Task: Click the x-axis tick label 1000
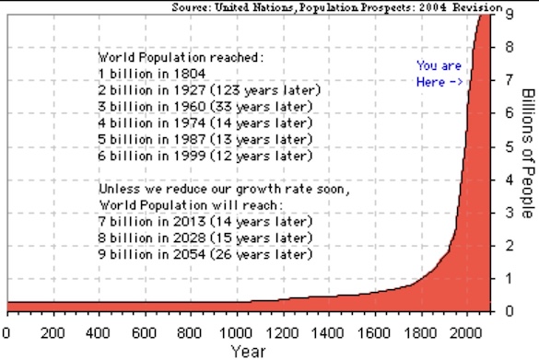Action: tap(236, 333)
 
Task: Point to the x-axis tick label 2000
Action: tap(466, 333)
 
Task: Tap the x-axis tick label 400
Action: tap(98, 333)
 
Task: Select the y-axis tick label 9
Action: tap(510, 14)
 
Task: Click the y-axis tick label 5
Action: tap(510, 147)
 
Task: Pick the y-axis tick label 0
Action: tap(510, 311)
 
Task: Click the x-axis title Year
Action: tap(248, 352)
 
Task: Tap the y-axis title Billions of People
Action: tap(529, 153)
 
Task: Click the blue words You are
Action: tap(439, 65)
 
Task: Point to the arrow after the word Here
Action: tap(455, 83)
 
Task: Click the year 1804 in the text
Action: tap(190, 74)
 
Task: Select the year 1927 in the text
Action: tap(190, 90)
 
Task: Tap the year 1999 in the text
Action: tap(190, 156)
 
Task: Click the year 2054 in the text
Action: tap(190, 254)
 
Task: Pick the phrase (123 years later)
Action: tap(265, 90)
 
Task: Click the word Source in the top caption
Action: tap(191, 6)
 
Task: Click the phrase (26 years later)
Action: tap(262, 254)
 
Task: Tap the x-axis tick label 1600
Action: tap(374, 333)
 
